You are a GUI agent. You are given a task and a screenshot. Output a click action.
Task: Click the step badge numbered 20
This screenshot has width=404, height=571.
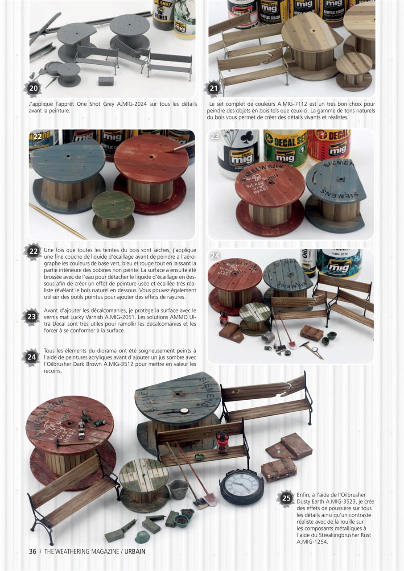coord(33,88)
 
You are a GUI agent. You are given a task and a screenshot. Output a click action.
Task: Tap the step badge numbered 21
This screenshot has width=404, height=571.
coord(214,88)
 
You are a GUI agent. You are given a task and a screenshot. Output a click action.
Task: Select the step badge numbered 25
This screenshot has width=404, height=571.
coord(286,498)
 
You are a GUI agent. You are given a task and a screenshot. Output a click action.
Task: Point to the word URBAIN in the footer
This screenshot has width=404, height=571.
coord(135,551)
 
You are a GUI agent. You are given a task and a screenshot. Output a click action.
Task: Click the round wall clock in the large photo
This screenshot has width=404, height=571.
coord(242,487)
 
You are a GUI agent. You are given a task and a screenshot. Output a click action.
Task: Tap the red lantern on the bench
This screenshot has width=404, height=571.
coord(222,442)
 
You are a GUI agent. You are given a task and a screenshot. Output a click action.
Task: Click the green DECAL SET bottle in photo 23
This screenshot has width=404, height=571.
coord(285,147)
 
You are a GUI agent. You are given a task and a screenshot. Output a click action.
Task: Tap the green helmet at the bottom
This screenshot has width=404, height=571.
coord(143,537)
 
